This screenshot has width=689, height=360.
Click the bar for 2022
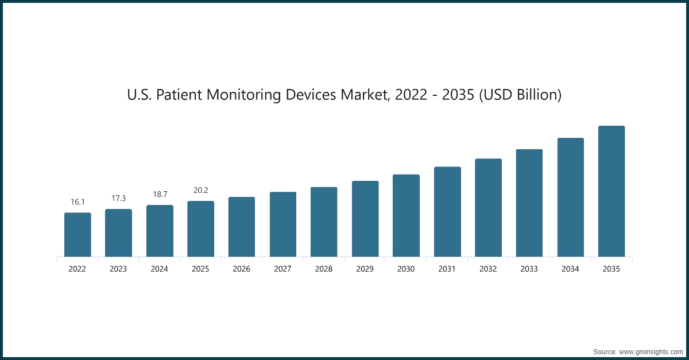(x=78, y=235)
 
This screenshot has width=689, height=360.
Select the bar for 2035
(x=611, y=191)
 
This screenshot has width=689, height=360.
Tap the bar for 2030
(x=406, y=215)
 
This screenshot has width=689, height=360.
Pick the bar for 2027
(x=283, y=224)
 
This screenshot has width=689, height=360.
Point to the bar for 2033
(x=529, y=203)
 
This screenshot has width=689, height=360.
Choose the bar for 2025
(x=200, y=229)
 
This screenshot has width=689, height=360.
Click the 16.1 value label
(x=78, y=202)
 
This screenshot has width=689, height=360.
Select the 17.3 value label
(x=118, y=198)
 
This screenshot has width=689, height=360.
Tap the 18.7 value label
(x=160, y=195)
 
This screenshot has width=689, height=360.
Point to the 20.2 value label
(x=200, y=191)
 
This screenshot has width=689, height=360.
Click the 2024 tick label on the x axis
(x=160, y=269)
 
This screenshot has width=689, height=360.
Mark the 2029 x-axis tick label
(x=365, y=269)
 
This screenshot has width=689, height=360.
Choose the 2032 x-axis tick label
(x=488, y=269)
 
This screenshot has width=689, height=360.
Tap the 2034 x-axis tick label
(x=570, y=269)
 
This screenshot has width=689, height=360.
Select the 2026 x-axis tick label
(x=242, y=269)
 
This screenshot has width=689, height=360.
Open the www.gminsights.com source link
(x=649, y=351)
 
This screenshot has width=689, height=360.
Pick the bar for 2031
(x=447, y=211)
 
